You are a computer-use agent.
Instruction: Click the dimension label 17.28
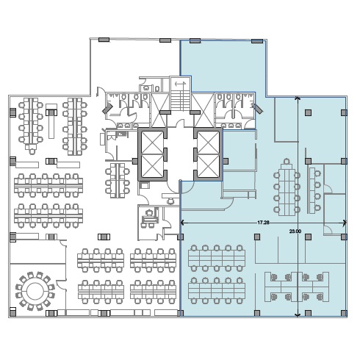pos(263,223)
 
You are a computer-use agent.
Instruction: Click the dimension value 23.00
pos(295,231)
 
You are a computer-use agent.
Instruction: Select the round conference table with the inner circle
pos(35,291)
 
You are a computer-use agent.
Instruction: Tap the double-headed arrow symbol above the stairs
pos(180,84)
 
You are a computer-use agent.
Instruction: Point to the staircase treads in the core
pos(181,101)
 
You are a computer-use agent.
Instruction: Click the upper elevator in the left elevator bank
pos(152,143)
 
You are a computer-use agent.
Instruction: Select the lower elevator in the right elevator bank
pos(208,166)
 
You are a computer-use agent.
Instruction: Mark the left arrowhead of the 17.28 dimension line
pos(182,223)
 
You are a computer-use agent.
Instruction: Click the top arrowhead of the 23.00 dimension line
pos(298,98)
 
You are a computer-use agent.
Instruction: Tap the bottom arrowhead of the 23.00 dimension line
pos(298,314)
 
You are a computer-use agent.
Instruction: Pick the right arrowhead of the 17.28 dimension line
pos(345,223)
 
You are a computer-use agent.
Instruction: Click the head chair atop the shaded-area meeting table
pos(287,162)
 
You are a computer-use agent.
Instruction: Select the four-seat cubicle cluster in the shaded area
pos(297,287)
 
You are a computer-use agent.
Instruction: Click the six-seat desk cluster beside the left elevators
pos(118,180)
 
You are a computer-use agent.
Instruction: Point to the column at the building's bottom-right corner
pos(344,313)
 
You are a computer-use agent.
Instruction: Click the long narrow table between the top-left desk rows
pos(51,121)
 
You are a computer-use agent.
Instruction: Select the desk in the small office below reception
pos(150,217)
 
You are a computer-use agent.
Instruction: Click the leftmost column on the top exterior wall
pos(104,40)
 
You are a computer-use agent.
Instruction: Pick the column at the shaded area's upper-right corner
pos(344,112)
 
